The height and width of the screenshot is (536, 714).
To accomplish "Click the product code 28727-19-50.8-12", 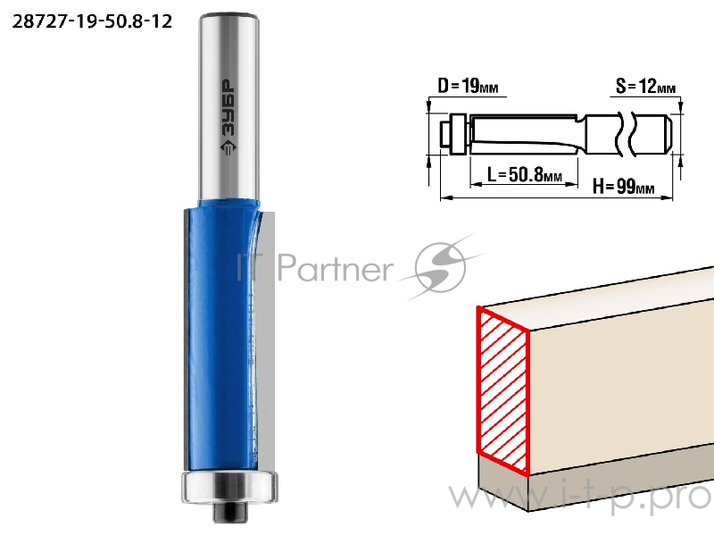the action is tap(92, 21).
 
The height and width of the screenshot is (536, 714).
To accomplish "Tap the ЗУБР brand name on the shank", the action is tap(228, 107).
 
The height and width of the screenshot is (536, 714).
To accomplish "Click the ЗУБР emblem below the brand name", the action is tap(228, 148).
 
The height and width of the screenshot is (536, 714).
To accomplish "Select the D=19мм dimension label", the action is tap(468, 86).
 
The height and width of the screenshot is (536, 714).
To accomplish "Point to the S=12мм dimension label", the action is tap(645, 86).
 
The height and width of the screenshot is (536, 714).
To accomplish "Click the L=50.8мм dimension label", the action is tap(525, 174).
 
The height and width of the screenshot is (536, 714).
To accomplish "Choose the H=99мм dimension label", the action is tap(623, 186).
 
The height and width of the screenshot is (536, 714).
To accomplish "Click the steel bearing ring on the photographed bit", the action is tap(229, 487).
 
